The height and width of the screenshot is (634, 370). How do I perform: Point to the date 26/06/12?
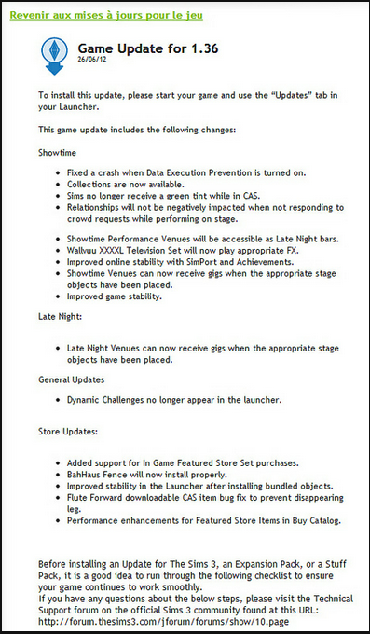[92, 63]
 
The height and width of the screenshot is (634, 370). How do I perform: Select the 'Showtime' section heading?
[58, 148]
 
